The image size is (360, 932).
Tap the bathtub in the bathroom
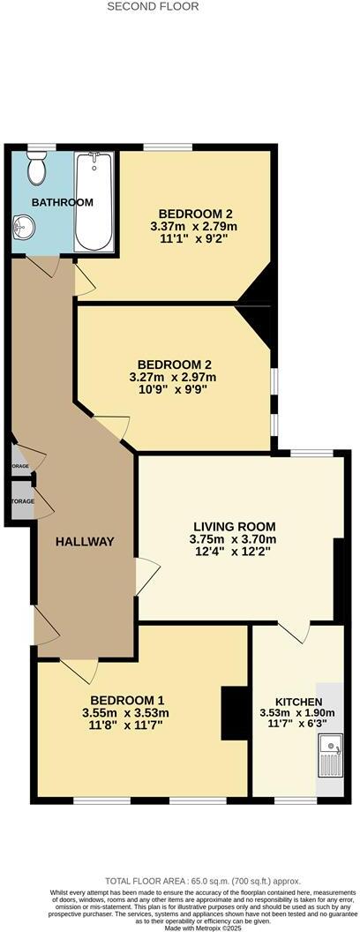(94, 202)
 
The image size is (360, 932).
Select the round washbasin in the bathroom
(25, 229)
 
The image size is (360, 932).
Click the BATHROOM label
(62, 202)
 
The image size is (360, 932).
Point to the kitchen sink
(330, 757)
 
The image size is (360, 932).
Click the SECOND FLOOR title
(153, 6)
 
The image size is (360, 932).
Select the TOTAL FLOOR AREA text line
(203, 881)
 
